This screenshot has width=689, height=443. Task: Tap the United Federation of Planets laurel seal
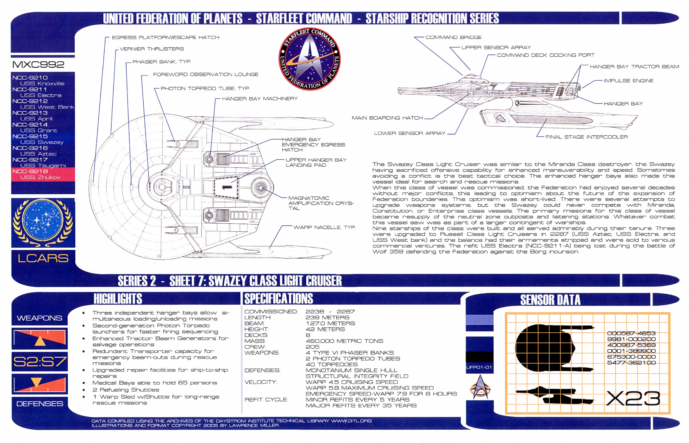pos(43,222)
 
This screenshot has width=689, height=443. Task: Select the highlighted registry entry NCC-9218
pos(30,171)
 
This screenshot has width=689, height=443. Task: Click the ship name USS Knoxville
pos(42,84)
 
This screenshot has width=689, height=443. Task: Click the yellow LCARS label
pos(43,258)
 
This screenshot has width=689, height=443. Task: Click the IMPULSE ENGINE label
pos(628,81)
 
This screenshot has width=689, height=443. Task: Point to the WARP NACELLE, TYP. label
pos(325,227)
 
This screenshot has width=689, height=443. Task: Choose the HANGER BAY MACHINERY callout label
pos(260,99)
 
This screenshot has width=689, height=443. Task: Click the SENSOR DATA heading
pos(550,300)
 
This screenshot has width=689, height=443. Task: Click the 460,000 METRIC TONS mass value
pos(344,341)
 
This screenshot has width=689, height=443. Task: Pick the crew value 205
pos(312,347)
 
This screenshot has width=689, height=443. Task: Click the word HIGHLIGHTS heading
pos(118,299)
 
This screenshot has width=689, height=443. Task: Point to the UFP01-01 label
pos(479,367)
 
